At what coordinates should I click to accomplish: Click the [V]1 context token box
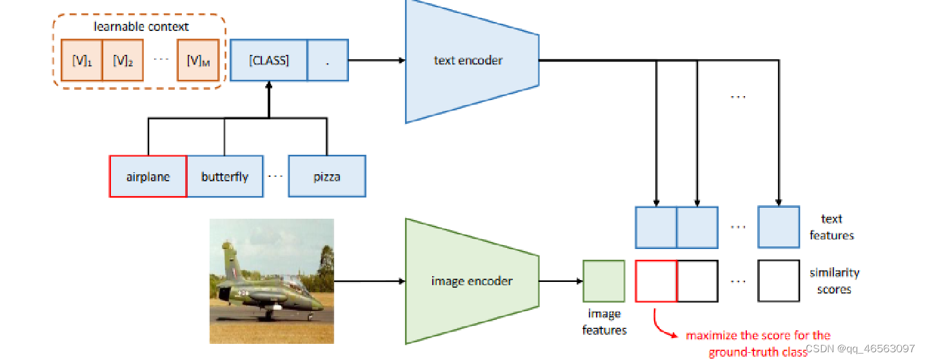click(x=82, y=61)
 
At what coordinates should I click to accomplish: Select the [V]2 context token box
click(x=123, y=61)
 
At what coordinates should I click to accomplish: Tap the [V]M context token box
click(x=198, y=61)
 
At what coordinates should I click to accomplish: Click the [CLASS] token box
click(x=268, y=61)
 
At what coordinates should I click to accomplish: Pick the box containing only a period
click(x=328, y=61)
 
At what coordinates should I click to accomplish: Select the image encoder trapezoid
click(x=471, y=281)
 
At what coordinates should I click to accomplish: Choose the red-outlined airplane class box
click(x=148, y=176)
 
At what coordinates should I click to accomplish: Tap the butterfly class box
click(x=224, y=176)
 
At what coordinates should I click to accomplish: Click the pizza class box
click(x=327, y=176)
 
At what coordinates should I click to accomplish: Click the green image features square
click(x=604, y=281)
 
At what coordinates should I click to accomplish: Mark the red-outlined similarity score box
click(x=656, y=281)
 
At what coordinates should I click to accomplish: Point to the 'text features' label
click(x=831, y=227)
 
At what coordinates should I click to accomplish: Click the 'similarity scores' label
click(x=834, y=281)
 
